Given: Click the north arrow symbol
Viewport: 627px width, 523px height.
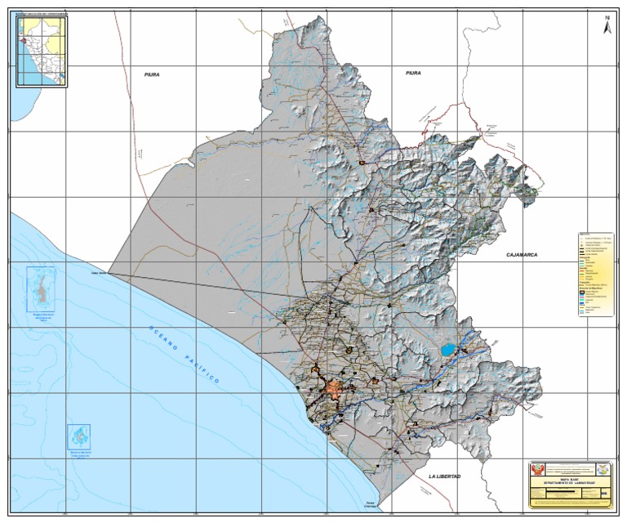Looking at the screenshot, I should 607,25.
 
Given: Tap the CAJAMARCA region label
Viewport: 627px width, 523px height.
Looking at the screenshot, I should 522,255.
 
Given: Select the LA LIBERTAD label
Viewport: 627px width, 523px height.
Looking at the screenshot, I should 444,476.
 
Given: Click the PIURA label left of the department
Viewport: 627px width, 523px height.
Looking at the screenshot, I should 151,74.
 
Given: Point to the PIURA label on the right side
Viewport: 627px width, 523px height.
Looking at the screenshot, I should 412,74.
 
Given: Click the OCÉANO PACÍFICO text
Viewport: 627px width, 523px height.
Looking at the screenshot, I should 185,355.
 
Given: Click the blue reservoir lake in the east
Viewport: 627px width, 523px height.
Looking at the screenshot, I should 447,350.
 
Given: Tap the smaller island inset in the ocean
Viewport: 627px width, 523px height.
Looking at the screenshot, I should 78,436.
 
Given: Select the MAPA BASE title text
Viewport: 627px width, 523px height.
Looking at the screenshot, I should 569,480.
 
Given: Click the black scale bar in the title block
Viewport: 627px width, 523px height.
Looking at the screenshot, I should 569,494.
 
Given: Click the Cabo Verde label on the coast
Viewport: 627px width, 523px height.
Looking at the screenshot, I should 99,274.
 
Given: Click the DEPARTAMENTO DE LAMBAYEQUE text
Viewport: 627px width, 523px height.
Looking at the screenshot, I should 569,484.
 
